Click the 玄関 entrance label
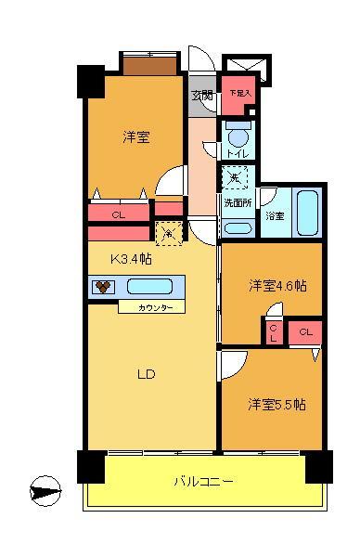(x=203, y=96)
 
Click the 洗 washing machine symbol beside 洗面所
(x=234, y=176)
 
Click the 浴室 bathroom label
(x=275, y=216)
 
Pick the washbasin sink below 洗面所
(x=238, y=227)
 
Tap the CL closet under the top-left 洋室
(x=119, y=214)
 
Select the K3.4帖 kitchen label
(x=133, y=259)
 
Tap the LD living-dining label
(x=146, y=375)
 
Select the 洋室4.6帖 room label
(x=276, y=284)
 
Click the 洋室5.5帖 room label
(x=276, y=405)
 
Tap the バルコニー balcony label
(x=203, y=481)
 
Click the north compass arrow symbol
(x=46, y=489)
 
